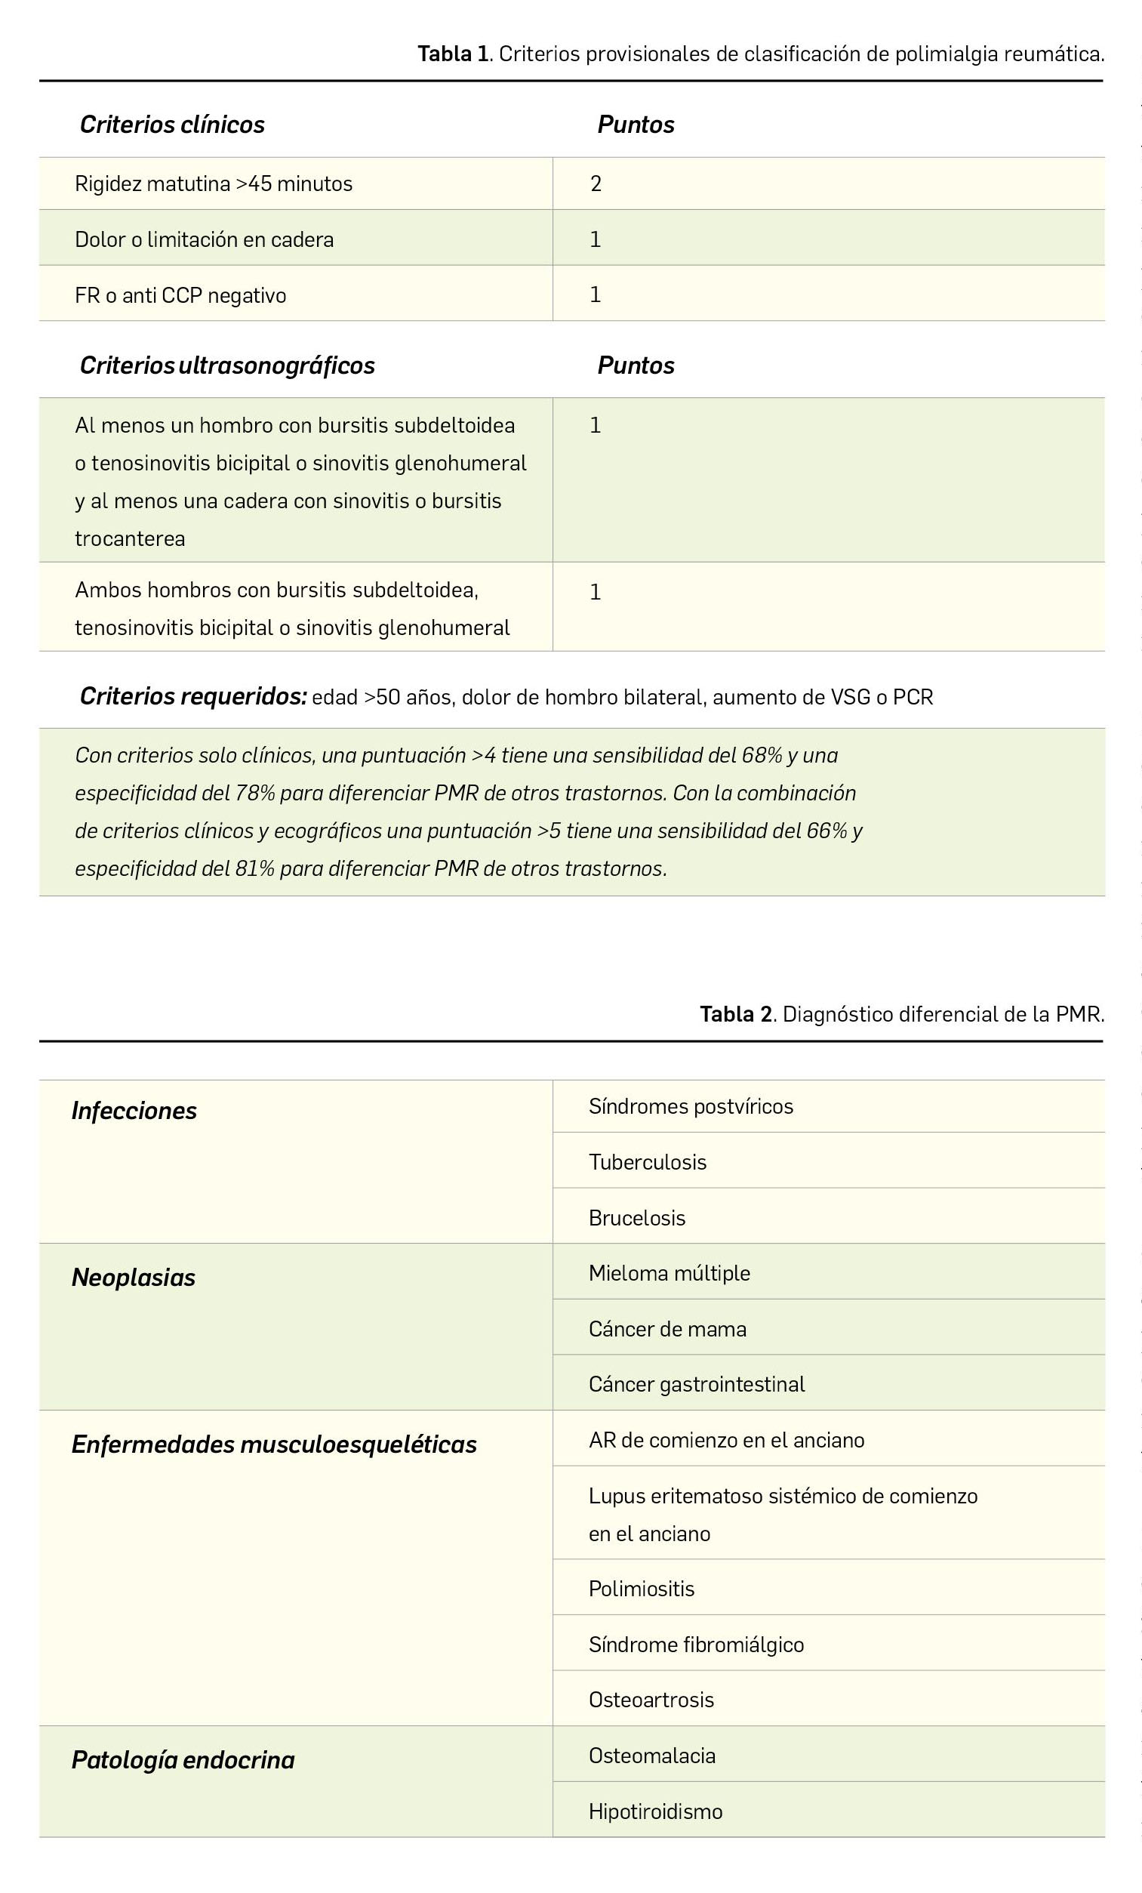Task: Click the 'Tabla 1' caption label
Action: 453,54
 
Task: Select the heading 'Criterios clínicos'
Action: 172,125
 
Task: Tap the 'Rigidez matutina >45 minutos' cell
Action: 214,183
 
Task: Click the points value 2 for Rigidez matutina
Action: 596,183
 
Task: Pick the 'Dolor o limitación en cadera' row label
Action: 205,239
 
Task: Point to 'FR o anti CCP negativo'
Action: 180,296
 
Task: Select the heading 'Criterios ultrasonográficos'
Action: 227,365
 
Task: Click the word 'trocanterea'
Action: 130,538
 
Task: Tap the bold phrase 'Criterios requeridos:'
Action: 193,696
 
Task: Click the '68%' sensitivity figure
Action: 761,755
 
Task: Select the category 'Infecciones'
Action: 134,1111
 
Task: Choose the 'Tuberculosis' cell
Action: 648,1161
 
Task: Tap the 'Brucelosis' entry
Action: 636,1218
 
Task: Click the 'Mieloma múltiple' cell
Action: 669,1273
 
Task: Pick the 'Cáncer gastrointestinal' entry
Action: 697,1383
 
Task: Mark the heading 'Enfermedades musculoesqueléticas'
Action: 274,1444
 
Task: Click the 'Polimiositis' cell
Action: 642,1588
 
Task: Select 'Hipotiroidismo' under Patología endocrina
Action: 655,1811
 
